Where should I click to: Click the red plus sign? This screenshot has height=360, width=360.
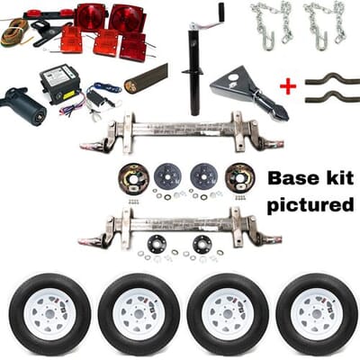[x=288, y=86]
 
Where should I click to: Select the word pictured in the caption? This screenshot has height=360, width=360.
[x=310, y=206]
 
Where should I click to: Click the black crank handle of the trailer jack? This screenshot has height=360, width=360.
[x=221, y=12]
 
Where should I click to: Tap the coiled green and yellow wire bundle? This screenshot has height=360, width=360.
[x=15, y=32]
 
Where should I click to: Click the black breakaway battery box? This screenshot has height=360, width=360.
[x=60, y=81]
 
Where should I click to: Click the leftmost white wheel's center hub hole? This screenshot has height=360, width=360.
[x=49, y=314]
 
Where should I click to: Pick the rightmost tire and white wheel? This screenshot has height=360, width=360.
[x=317, y=314]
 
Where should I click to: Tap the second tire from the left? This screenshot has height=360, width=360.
[x=139, y=314]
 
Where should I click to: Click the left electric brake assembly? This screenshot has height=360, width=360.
[x=133, y=179]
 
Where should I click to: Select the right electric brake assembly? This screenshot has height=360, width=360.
[x=240, y=179]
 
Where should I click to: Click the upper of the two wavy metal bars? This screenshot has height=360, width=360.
[x=332, y=79]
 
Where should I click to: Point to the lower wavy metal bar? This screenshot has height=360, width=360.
[x=332, y=96]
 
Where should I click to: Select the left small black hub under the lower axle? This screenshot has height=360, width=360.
[x=156, y=243]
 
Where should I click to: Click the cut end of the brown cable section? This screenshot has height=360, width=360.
[x=130, y=86]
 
